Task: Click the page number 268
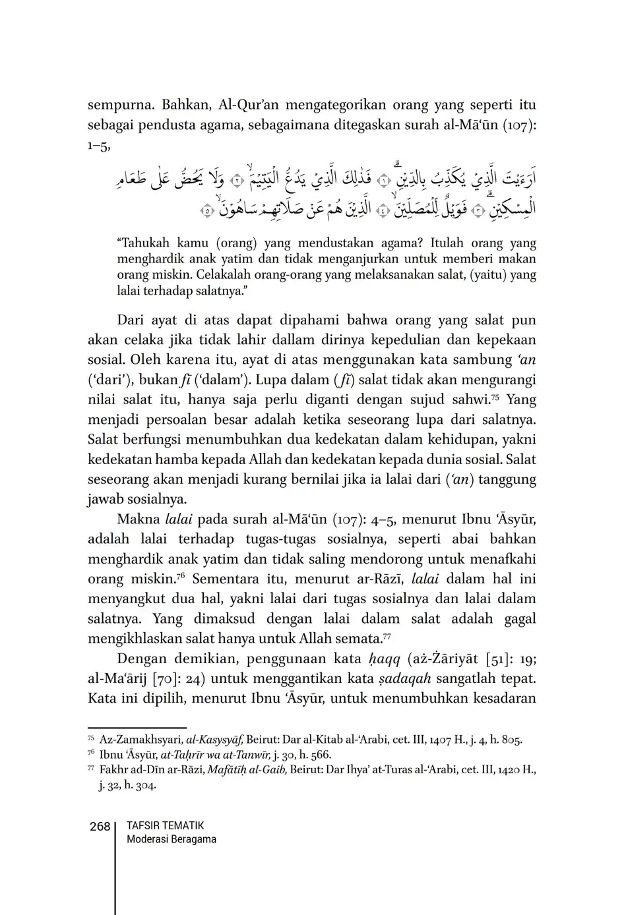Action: pyautogui.click(x=100, y=826)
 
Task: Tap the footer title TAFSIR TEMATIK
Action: pyautogui.click(x=165, y=825)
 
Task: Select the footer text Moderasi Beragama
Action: pyautogui.click(x=171, y=839)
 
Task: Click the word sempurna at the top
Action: pyautogui.click(x=117, y=105)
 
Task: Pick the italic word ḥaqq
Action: pyautogui.click(x=384, y=659)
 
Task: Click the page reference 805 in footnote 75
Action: pyautogui.click(x=511, y=740)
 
